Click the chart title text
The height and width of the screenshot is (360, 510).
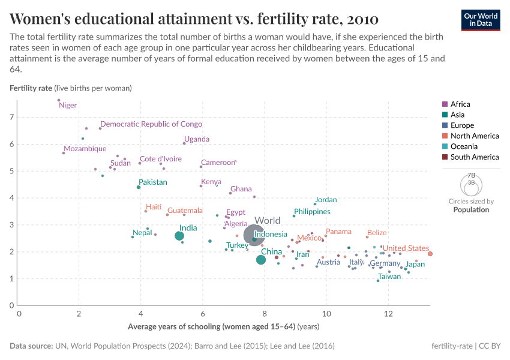(x=194, y=19)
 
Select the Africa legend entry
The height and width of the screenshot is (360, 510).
(x=460, y=104)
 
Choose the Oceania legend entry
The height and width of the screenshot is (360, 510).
(x=463, y=146)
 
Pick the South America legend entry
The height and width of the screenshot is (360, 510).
(x=474, y=157)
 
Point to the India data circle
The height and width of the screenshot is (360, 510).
(x=179, y=236)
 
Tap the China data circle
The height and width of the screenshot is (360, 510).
(x=260, y=260)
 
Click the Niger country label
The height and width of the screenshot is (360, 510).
(x=68, y=106)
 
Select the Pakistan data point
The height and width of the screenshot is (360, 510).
(x=139, y=187)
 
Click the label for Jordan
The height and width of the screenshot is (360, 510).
(x=326, y=200)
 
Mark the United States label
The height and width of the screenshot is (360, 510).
(x=406, y=248)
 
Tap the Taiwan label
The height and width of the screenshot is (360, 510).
(x=389, y=277)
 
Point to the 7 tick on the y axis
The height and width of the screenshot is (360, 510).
(x=11, y=118)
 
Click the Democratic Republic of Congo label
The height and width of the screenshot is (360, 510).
(x=151, y=124)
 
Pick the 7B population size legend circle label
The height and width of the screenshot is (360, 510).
(x=471, y=175)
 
